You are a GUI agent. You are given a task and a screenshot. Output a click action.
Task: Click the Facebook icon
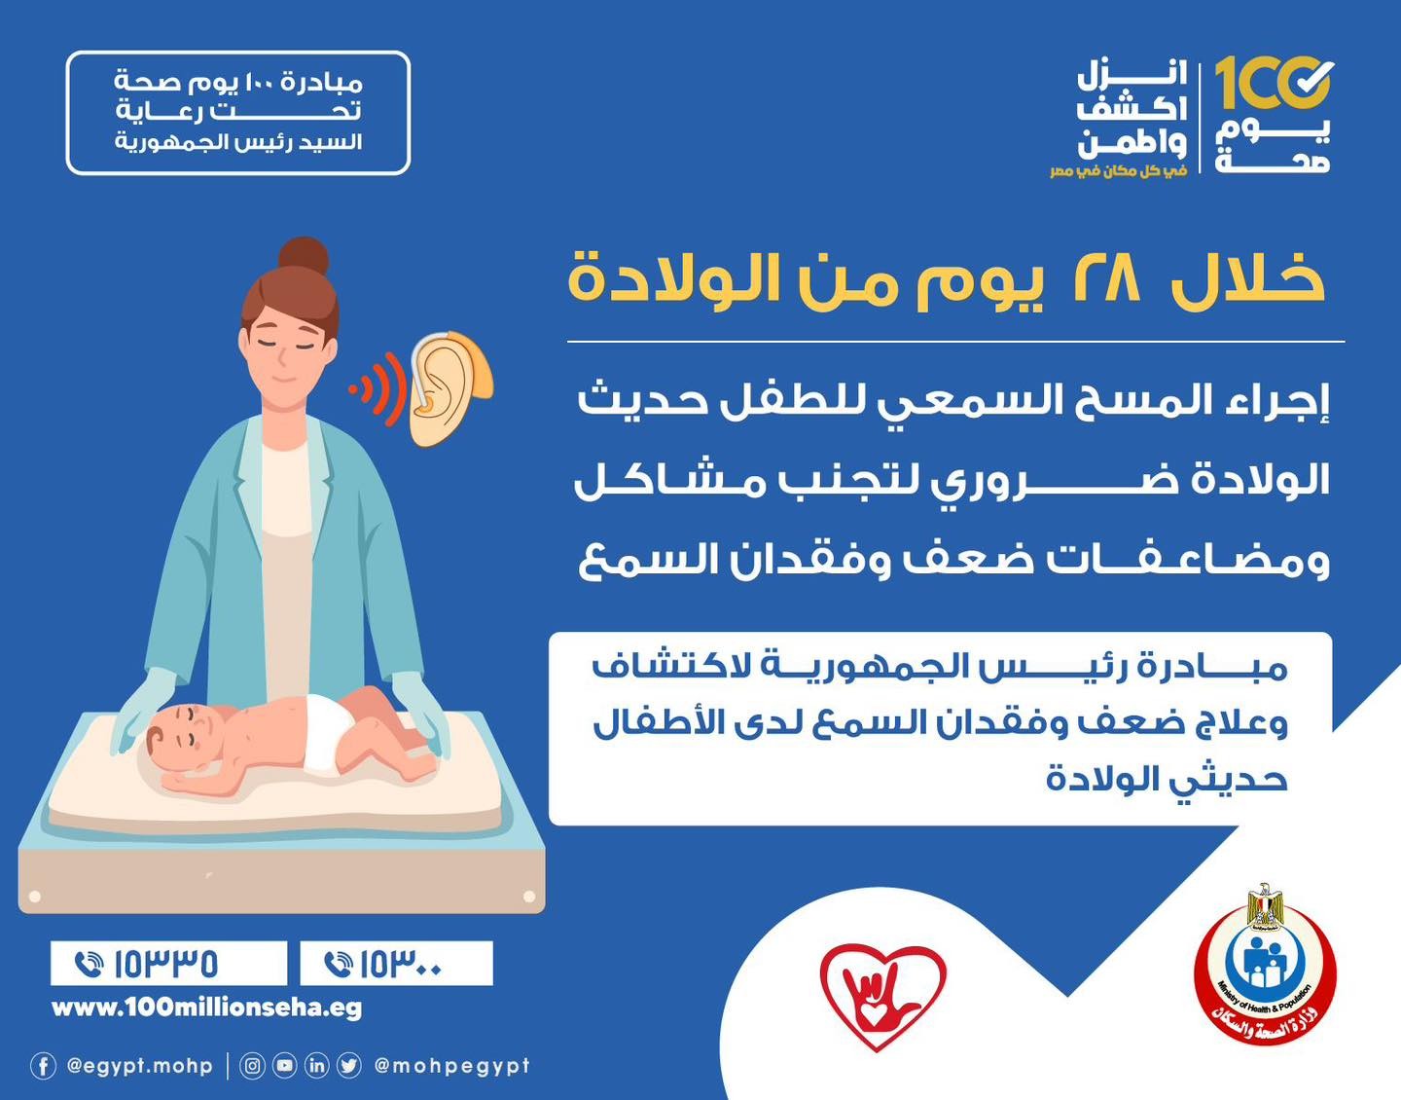click(43, 1066)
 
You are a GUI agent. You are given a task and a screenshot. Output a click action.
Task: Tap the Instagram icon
click(252, 1066)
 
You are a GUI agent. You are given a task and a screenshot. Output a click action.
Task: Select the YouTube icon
click(284, 1066)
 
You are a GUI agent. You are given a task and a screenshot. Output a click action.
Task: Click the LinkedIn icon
click(316, 1066)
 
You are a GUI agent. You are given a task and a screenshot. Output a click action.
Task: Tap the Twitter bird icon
click(349, 1066)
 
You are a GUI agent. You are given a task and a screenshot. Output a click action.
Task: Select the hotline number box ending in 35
click(169, 964)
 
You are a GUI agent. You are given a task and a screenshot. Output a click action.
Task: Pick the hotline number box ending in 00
click(397, 964)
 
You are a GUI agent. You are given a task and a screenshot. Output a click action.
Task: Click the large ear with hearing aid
click(449, 388)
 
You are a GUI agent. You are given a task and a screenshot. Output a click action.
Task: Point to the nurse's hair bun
click(303, 256)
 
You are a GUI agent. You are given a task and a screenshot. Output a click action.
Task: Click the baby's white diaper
click(326, 734)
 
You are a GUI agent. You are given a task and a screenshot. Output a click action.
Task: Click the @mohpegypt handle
click(452, 1066)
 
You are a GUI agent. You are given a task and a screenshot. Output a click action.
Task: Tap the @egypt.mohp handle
click(139, 1066)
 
